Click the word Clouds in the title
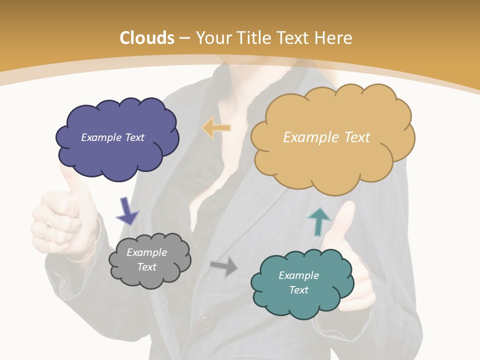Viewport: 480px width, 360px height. [x=147, y=38]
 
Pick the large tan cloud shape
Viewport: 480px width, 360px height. [x=332, y=165]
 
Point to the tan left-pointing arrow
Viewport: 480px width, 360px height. [x=216, y=128]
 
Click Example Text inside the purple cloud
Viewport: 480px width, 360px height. [x=112, y=137]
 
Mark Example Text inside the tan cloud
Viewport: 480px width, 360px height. [x=326, y=137]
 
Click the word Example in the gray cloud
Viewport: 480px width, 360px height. [x=146, y=253]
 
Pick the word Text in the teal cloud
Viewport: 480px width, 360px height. [x=298, y=290]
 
